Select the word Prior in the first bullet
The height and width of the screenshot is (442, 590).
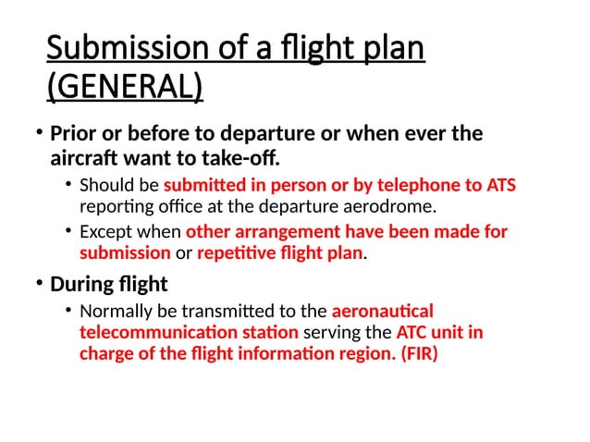[75, 133]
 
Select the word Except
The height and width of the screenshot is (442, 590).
[104, 232]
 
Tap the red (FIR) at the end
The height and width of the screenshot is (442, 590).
[418, 352]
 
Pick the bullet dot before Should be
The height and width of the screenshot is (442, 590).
[69, 184]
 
